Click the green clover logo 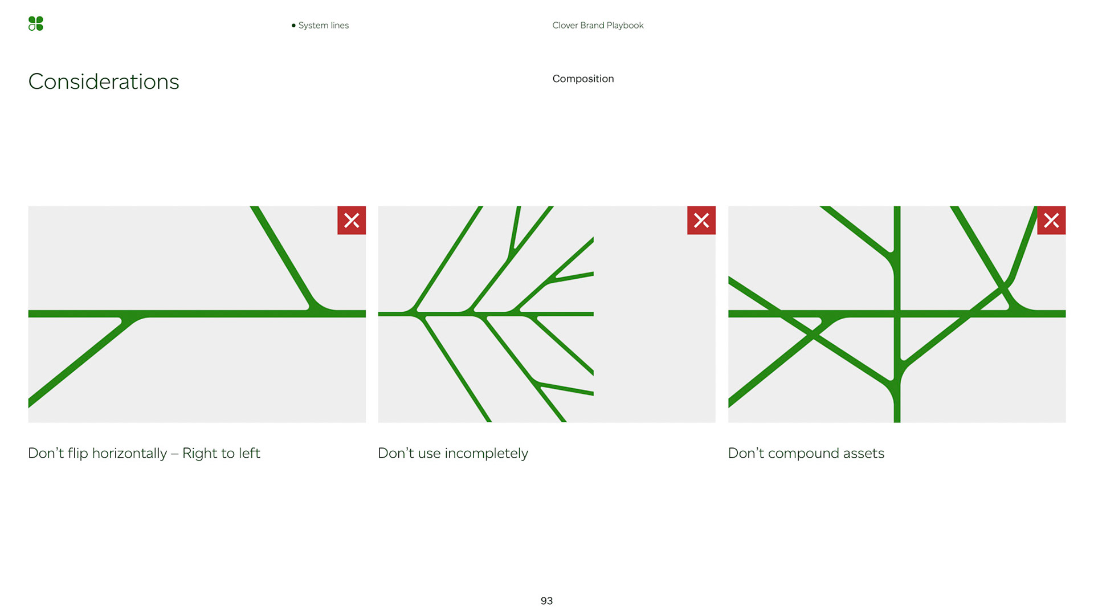coord(35,23)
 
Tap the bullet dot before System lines coord(293,25)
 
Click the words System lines coord(323,25)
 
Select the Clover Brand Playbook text coord(598,25)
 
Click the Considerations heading coord(104,82)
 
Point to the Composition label coord(583,79)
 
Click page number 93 coord(546,601)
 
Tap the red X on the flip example coord(352,220)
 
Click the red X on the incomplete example coord(701,220)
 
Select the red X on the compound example coord(1051,220)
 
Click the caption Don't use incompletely coord(453,453)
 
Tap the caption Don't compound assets coord(806,453)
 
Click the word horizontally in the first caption coord(129,453)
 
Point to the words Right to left coord(221,453)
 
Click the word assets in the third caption coord(864,454)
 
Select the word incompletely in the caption coord(486,454)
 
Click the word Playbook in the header coord(625,26)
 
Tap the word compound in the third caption coord(803,454)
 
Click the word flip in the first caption coord(77,453)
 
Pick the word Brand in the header coord(592,25)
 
